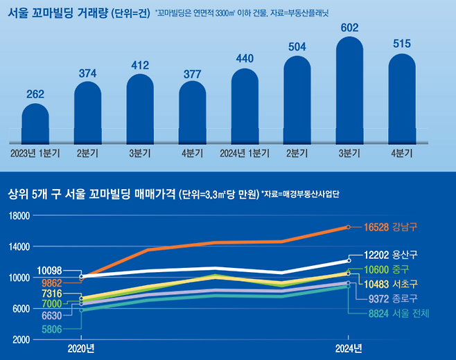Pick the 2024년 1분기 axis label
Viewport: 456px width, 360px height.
point(244,153)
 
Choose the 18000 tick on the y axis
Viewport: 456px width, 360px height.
point(19,216)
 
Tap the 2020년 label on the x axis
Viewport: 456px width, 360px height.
point(81,348)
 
